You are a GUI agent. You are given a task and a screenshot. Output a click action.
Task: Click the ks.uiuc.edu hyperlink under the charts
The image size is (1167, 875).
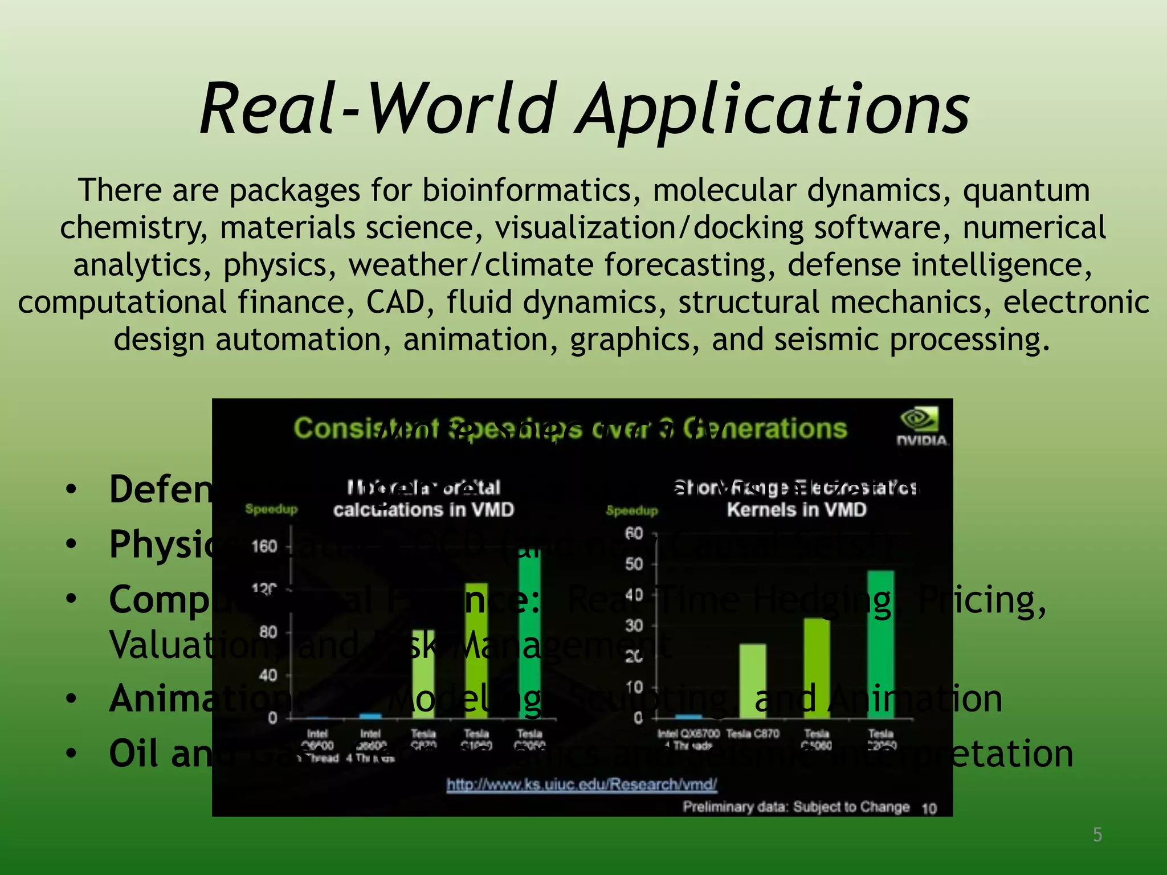point(581,785)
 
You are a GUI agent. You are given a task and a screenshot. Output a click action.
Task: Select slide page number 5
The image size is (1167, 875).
point(1097,835)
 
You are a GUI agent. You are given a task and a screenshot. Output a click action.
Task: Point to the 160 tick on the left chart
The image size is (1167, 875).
point(264,547)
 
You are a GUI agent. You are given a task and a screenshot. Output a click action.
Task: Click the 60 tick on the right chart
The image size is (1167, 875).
point(634,534)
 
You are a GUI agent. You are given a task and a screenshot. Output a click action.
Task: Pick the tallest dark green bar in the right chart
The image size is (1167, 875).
point(880,644)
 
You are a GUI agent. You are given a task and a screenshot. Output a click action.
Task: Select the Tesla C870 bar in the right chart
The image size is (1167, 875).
point(753,681)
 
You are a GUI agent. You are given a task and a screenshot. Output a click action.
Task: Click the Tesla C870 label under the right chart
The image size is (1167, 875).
point(753,734)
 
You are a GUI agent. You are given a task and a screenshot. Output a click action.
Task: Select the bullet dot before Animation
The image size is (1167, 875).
point(71,698)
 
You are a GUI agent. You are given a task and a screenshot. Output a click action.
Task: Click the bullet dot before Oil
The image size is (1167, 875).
point(71,754)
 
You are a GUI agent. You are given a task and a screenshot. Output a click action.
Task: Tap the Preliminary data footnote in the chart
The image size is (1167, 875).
point(795,807)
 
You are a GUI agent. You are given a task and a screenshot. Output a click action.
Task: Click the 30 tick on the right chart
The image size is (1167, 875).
point(634,626)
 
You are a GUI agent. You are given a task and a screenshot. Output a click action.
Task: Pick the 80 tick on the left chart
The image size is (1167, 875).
point(268,632)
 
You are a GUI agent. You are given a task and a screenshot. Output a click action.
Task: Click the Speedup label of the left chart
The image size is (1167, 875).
point(271,509)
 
